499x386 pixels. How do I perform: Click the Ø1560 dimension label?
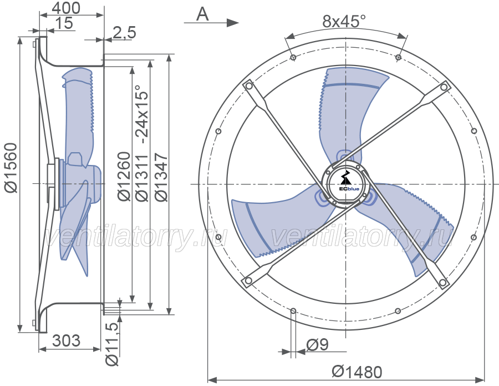coord(12,168)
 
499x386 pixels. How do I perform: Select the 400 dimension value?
coord(66,8)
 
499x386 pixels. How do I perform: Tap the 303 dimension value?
coord(66,341)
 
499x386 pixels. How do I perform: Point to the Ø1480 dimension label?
coord(357,372)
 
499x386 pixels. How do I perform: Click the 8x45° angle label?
coord(344,22)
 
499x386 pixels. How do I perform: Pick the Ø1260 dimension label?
coord(124,177)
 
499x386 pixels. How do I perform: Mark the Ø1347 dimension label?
coord(161,177)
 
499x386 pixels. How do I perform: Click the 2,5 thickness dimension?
coord(124,33)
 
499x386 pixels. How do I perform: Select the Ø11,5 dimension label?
coord(112,344)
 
